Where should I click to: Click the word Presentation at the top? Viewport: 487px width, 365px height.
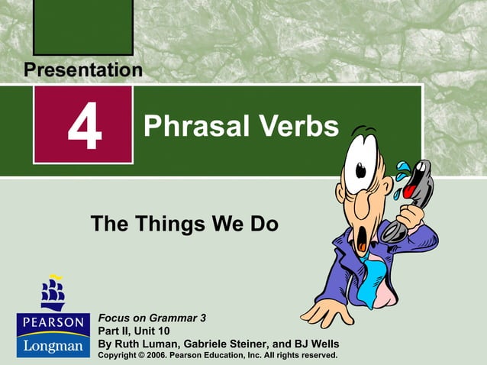[x=82, y=70]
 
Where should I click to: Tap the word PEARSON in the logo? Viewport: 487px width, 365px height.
[x=53, y=322]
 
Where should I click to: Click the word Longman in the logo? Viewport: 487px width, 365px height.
[x=53, y=345]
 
